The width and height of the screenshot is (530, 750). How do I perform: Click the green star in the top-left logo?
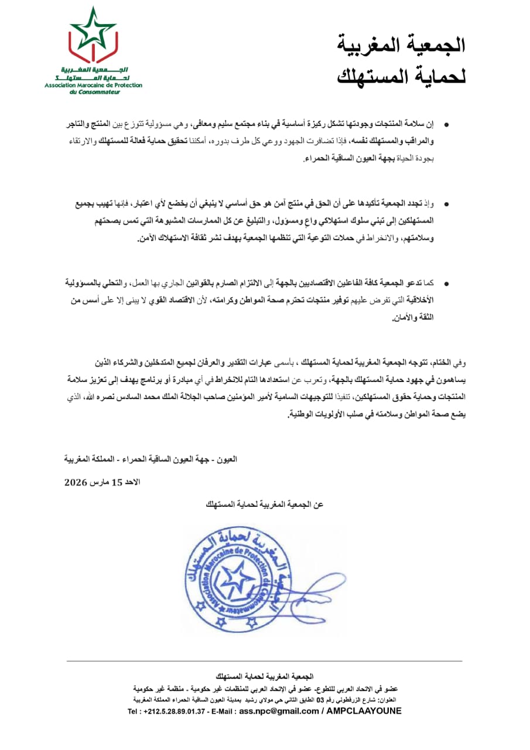pyautogui.click(x=93, y=29)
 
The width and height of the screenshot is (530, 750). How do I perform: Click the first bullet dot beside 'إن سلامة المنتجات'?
pyautogui.click(x=447, y=125)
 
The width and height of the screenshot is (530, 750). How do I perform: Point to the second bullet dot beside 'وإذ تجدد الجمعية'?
pyautogui.click(x=447, y=204)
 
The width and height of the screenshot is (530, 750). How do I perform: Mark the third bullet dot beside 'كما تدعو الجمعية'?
pyautogui.click(x=447, y=284)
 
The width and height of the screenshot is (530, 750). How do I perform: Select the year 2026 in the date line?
pyautogui.click(x=76, y=483)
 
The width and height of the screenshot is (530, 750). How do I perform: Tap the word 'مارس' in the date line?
pyautogui.click(x=98, y=483)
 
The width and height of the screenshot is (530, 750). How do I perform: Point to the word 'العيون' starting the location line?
pyautogui.click(x=227, y=459)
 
